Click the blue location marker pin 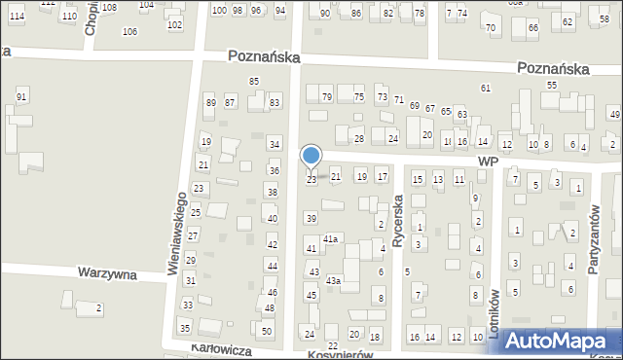pos(311,157)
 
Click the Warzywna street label pos(108,275)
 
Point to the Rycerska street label pos(397,218)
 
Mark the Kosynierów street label pos(342,355)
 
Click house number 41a pos(331,238)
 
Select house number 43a pos(333,281)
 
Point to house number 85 pos(254,81)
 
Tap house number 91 pos(21,96)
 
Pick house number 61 pos(485,89)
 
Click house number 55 pos(551,86)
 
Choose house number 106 pos(129,32)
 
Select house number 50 pos(267,332)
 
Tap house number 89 pos(210,103)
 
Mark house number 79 pos(327,97)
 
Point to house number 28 pos(358,139)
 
